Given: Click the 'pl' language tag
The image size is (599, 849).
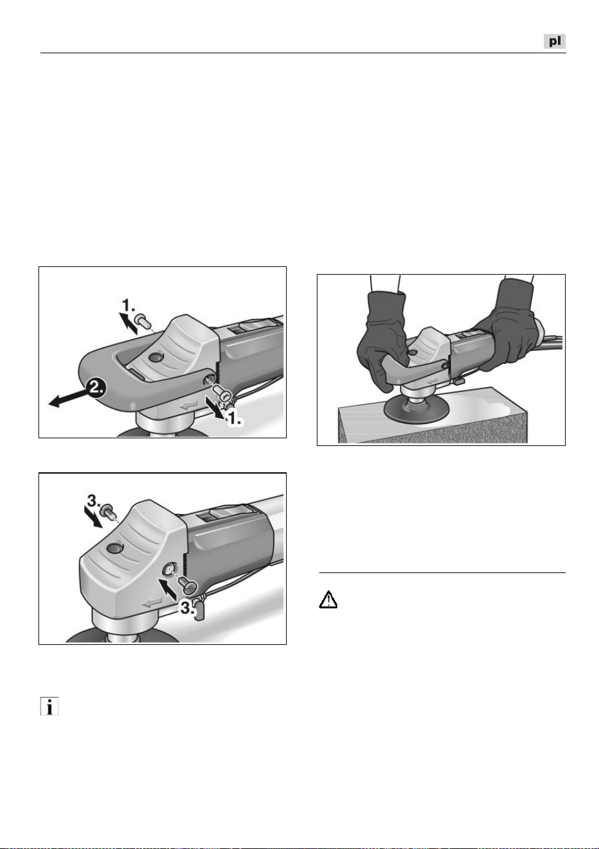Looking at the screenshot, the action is click(x=554, y=41).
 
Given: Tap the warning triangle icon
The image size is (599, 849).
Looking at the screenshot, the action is click(x=328, y=599).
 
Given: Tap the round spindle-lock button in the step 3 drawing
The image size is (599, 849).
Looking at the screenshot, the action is click(x=114, y=547).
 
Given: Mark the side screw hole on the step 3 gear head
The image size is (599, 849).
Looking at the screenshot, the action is click(x=169, y=569).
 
